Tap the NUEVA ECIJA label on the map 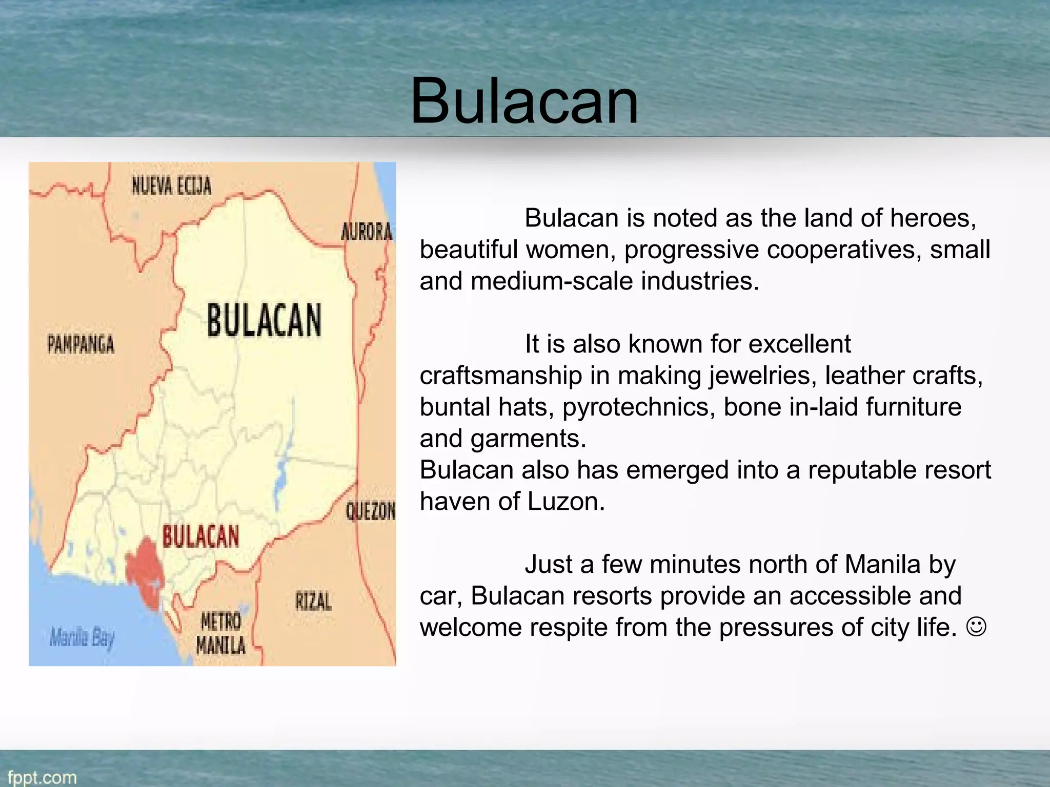171,185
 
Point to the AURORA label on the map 367,232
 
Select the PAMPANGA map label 81,344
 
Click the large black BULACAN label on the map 264,320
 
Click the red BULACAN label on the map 200,536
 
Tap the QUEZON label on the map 371,511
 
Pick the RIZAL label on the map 313,601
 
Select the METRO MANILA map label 221,633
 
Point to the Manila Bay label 82,638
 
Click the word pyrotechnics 638,407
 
